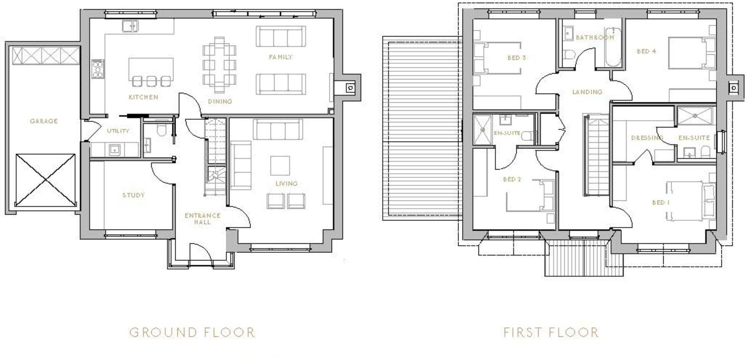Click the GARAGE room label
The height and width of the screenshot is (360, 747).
click(x=44, y=121)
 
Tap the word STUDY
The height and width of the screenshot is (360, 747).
click(x=134, y=195)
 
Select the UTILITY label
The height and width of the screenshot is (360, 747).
click(x=118, y=131)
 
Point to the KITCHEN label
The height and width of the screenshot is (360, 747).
click(x=143, y=97)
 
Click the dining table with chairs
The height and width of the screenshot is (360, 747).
click(x=219, y=65)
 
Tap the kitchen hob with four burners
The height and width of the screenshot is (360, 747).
click(x=98, y=69)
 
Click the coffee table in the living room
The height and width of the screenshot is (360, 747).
click(x=280, y=165)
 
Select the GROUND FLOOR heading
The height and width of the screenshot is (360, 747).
click(x=192, y=332)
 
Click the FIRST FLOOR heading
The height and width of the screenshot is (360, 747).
click(x=551, y=332)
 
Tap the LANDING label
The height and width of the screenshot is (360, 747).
click(x=587, y=92)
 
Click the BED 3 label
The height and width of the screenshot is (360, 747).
click(x=517, y=58)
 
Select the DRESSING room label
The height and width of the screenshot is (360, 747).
click(x=647, y=138)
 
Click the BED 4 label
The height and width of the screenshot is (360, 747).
click(x=646, y=51)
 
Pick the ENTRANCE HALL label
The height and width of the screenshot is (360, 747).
click(x=202, y=218)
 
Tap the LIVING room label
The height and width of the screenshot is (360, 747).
click(x=287, y=184)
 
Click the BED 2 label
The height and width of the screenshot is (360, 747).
click(x=512, y=179)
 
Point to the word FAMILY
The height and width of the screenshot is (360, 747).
click(x=281, y=57)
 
